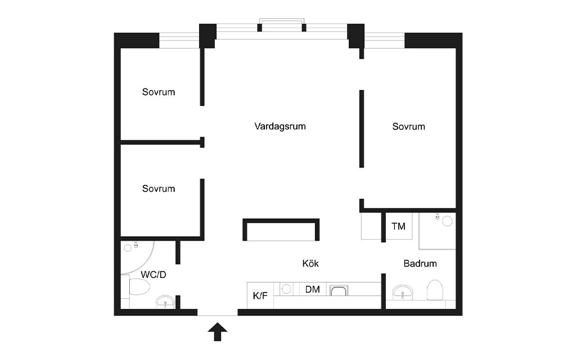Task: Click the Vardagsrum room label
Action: [280, 127]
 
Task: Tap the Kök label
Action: [310, 263]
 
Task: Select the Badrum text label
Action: [420, 263]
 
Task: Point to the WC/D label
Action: [154, 274]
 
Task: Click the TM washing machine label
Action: [398, 226]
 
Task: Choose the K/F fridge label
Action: [260, 296]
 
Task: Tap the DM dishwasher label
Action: [312, 290]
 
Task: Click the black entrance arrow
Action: [218, 332]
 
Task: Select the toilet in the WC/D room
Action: [139, 286]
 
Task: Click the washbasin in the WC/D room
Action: [165, 302]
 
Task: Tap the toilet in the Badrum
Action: [436, 290]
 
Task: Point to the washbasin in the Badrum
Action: [403, 292]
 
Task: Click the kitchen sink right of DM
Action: [338, 290]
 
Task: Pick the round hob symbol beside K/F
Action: [286, 290]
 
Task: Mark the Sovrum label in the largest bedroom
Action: [408, 127]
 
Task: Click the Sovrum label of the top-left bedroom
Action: [158, 92]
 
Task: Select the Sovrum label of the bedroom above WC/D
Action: [158, 189]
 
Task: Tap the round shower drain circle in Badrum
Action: [447, 221]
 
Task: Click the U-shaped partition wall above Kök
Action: [281, 220]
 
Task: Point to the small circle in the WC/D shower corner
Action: [128, 248]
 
